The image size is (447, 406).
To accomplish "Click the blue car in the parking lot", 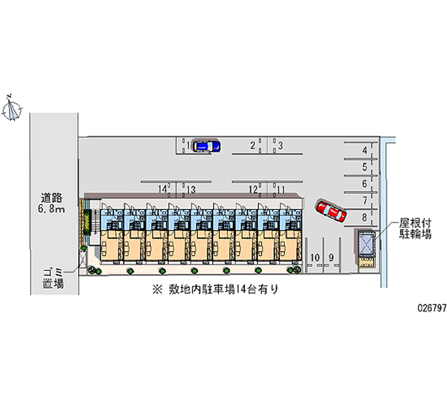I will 205,146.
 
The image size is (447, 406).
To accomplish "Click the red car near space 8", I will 330,211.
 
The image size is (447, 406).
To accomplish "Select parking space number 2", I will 253,146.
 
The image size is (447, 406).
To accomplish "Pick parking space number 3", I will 280,146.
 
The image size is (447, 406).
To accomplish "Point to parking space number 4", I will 364,150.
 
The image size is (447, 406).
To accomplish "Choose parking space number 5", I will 364,166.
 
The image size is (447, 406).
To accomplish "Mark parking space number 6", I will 364,183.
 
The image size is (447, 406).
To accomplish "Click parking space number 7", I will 364,200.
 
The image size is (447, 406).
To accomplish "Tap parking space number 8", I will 364,217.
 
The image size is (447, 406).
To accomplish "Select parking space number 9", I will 331,257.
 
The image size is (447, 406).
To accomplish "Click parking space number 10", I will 315,257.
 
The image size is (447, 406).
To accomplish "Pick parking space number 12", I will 253,189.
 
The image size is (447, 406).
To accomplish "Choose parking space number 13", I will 191,189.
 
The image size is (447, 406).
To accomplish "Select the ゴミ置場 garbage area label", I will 54,278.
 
